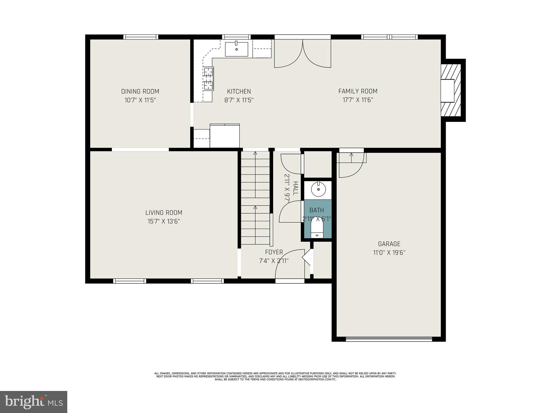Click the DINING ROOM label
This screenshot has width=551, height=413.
[140, 91]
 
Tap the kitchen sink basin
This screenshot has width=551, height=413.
[236, 49]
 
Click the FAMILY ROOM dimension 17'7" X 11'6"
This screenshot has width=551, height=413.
[358, 100]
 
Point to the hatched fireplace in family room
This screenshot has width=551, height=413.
[451, 90]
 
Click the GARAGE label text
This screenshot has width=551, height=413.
[389, 244]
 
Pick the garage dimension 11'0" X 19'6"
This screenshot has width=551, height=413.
[389, 253]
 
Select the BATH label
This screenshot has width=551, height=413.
[317, 210]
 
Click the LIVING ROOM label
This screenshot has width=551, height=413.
[164, 213]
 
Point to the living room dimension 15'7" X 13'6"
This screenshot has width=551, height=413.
[164, 222]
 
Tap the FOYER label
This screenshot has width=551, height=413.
[274, 252]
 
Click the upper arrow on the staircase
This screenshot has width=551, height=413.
[255, 154]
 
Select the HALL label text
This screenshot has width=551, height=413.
[295, 188]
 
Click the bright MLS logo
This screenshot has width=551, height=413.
[34, 402]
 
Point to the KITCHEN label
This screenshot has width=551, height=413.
[239, 91]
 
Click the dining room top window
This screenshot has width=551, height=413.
[141, 37]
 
